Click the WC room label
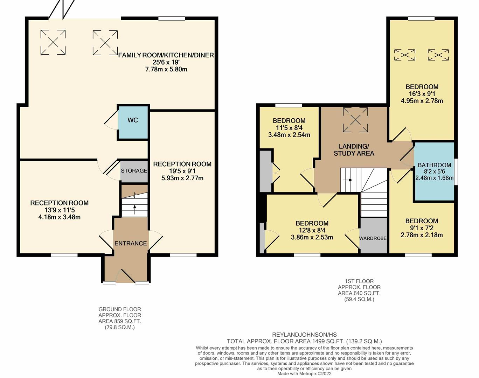[133, 120]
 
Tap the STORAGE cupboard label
[134, 171]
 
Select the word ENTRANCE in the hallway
[131, 243]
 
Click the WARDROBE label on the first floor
[373, 238]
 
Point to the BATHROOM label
[434, 165]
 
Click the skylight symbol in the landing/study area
[355, 120]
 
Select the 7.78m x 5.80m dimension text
[166, 69]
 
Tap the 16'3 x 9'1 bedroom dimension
[422, 94]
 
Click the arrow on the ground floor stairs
[134, 210]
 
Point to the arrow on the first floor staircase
[348, 180]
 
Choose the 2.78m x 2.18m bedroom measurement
[422, 235]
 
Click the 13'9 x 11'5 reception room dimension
[60, 210]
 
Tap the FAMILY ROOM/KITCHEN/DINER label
[166, 55]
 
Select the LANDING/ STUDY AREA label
[354, 150]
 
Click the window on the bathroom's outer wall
[456, 171]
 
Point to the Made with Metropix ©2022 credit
[304, 374]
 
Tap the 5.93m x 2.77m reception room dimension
[182, 178]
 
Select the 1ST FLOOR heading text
[359, 281]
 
